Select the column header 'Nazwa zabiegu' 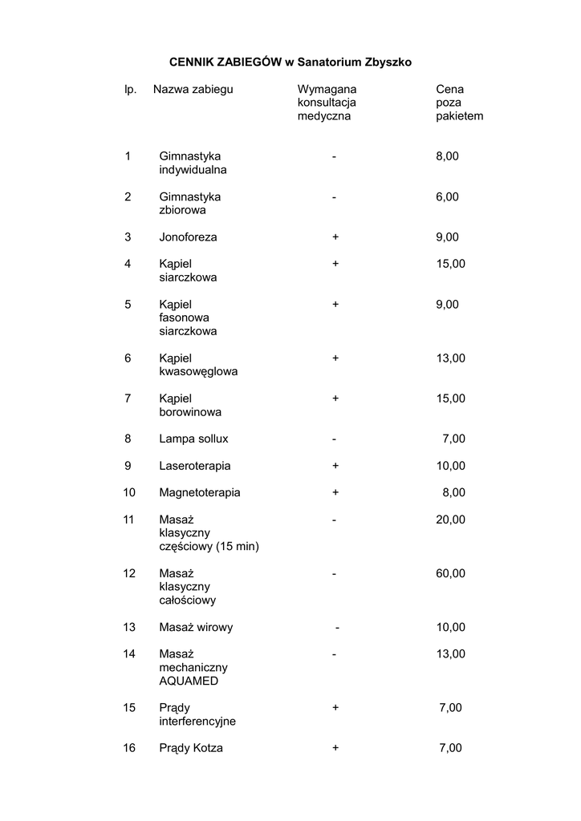tap(193, 89)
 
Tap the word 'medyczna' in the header tap(324, 116)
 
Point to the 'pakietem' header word tap(460, 116)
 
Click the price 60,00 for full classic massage tap(450, 573)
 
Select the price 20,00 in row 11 tap(450, 520)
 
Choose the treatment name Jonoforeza tap(188, 237)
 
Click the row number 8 tap(128, 439)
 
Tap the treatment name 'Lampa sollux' tap(193, 439)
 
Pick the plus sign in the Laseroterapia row tap(335, 466)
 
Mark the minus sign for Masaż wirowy tap(338, 627)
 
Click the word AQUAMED tap(189, 681)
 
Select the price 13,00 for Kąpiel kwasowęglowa tap(450, 358)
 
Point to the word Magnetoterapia tap(200, 492)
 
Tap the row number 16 tap(129, 748)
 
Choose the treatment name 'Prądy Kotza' tap(191, 748)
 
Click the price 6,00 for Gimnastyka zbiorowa tap(447, 197)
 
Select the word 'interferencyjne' tap(197, 722)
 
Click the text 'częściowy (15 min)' tap(209, 547)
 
